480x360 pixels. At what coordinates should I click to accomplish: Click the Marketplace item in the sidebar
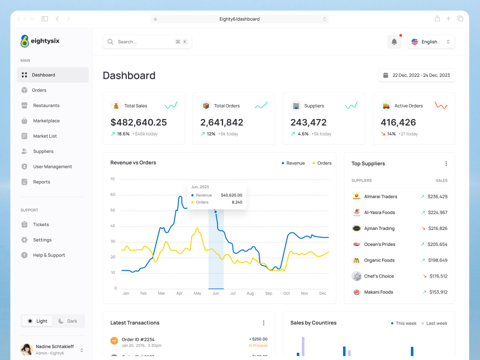tap(46, 121)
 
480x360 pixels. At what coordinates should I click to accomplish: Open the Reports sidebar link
tap(41, 182)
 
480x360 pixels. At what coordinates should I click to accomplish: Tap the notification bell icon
tap(394, 42)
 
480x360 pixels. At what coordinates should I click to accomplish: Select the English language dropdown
tap(431, 42)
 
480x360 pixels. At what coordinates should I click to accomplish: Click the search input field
tap(144, 42)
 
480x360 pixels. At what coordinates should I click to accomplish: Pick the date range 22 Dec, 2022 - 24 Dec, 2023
tap(417, 75)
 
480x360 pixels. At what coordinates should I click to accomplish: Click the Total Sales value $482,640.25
tap(139, 122)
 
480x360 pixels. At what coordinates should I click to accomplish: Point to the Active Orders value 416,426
tap(398, 122)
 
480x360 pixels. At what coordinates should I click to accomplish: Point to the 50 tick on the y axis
tap(113, 210)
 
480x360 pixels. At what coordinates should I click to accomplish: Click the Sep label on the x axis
tap(268, 293)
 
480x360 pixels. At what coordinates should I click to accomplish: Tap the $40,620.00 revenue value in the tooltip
tap(231, 195)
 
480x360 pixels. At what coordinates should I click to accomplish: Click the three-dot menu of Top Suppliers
tap(446, 164)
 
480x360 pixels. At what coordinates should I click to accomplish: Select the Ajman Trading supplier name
tap(379, 228)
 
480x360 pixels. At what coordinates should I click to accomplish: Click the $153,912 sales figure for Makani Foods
tap(438, 292)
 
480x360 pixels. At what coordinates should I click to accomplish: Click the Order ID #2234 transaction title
tap(138, 339)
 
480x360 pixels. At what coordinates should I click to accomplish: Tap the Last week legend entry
tap(434, 324)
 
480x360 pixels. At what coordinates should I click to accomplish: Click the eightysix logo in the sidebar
tap(40, 41)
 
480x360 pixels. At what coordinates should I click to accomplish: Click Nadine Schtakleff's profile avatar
tap(26, 349)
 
